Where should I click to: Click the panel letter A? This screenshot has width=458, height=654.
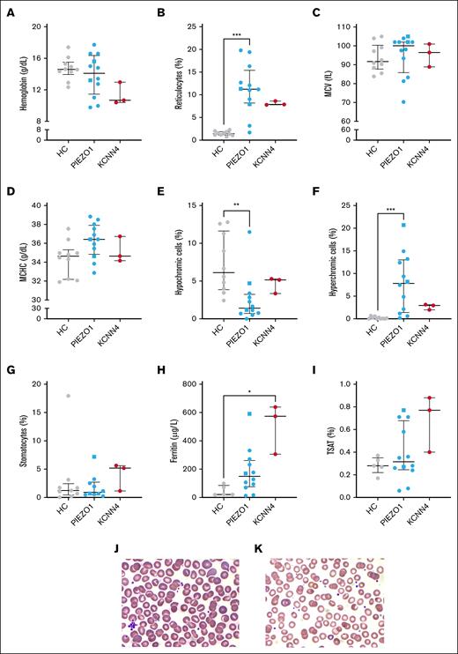coord(10,10)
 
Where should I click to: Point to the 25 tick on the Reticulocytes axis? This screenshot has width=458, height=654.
coord(187,26)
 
